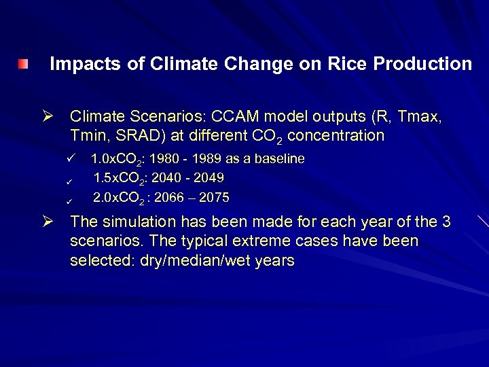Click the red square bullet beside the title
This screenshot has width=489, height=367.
click(24, 65)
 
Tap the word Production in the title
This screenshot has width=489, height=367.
click(422, 64)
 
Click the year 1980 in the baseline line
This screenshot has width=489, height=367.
click(162, 159)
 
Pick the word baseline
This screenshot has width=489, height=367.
click(276, 159)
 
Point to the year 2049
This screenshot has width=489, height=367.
click(209, 178)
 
